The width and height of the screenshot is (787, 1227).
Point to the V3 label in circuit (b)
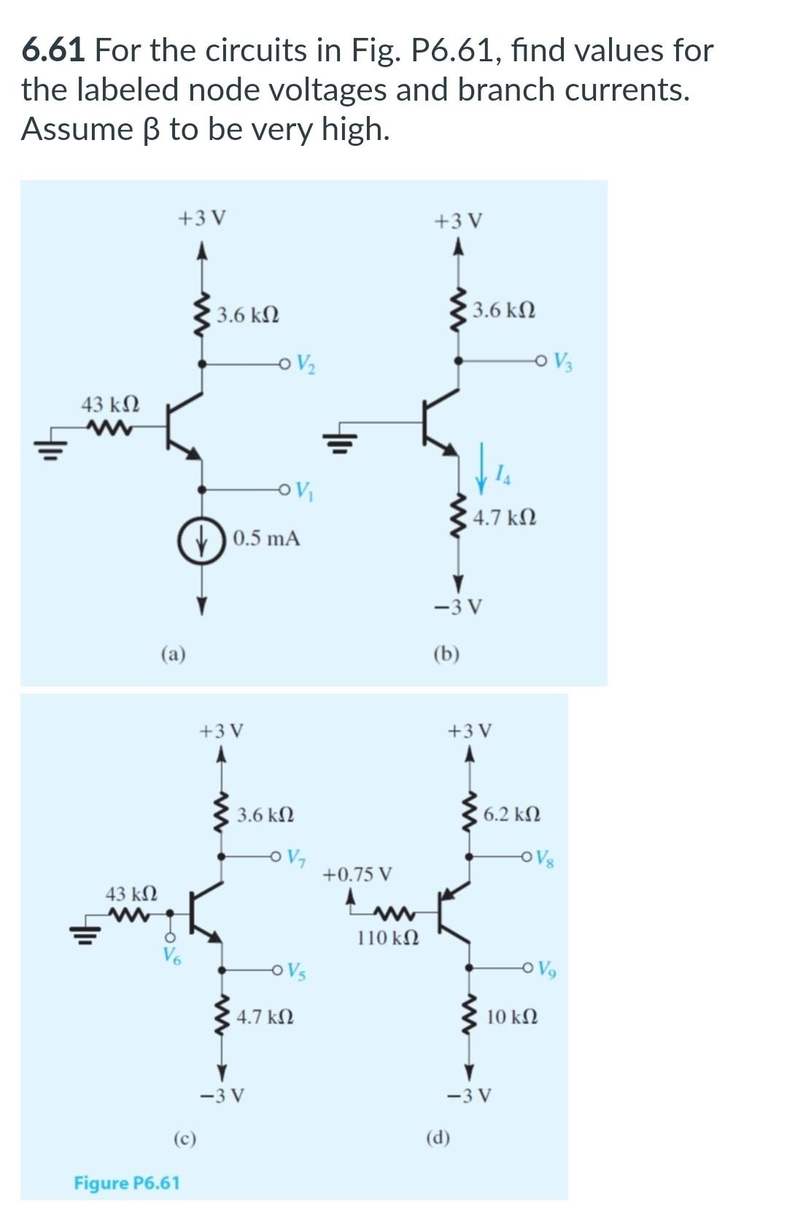[x=562, y=361]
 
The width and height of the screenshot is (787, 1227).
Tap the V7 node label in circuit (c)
[x=296, y=856]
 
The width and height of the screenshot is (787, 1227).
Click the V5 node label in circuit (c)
[x=296, y=971]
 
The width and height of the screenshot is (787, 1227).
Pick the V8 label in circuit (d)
[x=544, y=858]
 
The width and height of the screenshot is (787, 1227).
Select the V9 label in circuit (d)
[x=544, y=969]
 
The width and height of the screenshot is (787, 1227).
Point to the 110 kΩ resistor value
[x=388, y=937]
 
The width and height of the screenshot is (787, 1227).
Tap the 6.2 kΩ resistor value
[x=512, y=813]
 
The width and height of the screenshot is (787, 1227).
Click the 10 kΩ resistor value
[x=512, y=1016]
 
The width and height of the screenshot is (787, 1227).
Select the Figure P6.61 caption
[x=127, y=1183]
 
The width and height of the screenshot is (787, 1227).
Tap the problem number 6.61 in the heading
[x=54, y=50]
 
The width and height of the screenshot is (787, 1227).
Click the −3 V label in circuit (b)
[x=457, y=607]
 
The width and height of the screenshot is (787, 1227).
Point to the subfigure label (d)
[x=438, y=1138]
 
